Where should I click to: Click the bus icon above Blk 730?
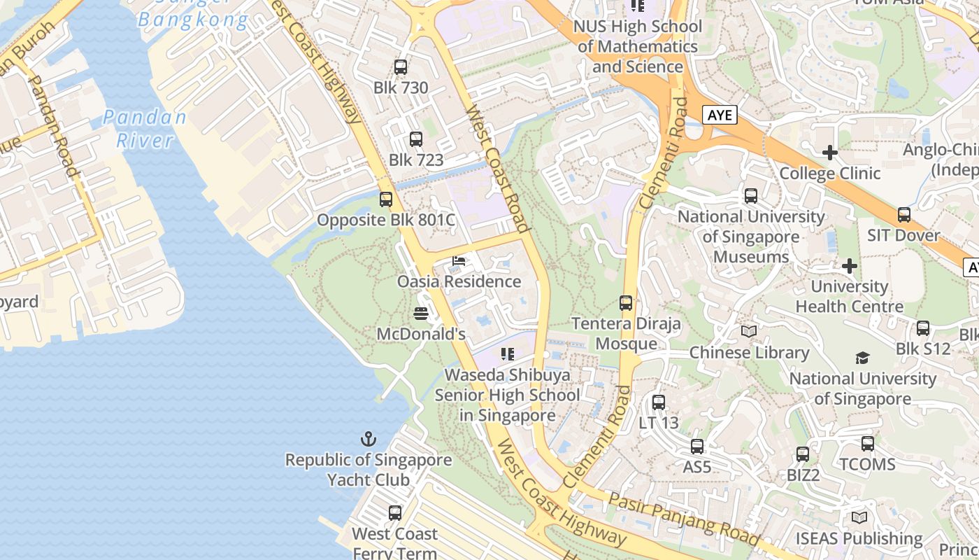[400, 67]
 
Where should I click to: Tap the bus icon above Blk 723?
[416, 139]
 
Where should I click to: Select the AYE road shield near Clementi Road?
[720, 115]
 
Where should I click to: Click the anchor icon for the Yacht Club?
[368, 439]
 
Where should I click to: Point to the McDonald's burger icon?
[421, 313]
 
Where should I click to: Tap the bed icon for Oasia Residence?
[459, 261]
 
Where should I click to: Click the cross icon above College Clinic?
[830, 152]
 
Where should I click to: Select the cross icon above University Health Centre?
[850, 266]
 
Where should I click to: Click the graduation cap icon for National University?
[862, 358]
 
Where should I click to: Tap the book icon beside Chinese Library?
[749, 332]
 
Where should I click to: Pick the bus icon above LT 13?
[659, 402]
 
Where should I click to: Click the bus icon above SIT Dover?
[904, 215]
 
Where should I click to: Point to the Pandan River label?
[145, 128]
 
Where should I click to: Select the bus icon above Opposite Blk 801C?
[386, 199]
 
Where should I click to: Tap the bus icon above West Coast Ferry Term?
[395, 513]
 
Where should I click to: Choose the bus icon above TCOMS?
[868, 444]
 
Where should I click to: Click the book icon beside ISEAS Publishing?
[859, 518]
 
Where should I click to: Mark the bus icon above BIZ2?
[803, 454]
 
